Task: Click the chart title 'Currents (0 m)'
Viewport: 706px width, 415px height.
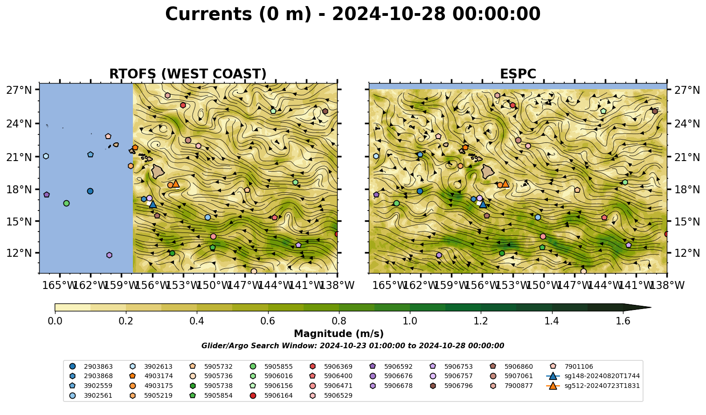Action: (238, 14)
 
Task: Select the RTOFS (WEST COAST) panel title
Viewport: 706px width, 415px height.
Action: (188, 74)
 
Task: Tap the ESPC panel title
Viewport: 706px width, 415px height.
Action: (518, 74)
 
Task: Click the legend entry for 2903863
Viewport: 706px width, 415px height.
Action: (91, 366)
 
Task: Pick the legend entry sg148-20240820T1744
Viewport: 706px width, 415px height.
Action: (593, 376)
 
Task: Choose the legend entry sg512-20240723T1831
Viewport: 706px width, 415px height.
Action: (593, 386)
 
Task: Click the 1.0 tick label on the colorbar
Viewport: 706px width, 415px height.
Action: (410, 321)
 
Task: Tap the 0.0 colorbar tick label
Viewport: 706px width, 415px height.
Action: (55, 321)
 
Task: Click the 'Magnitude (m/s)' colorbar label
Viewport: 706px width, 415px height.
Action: (339, 334)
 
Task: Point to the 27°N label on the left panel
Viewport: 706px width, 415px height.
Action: (19, 90)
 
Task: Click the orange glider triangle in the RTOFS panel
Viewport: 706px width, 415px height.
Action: (175, 183)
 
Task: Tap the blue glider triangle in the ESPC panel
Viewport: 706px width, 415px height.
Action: (483, 204)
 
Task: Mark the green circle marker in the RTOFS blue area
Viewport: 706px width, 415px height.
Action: (66, 203)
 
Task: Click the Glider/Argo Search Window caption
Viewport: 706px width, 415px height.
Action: (353, 345)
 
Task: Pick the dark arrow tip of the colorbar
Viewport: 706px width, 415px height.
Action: (651, 307)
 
